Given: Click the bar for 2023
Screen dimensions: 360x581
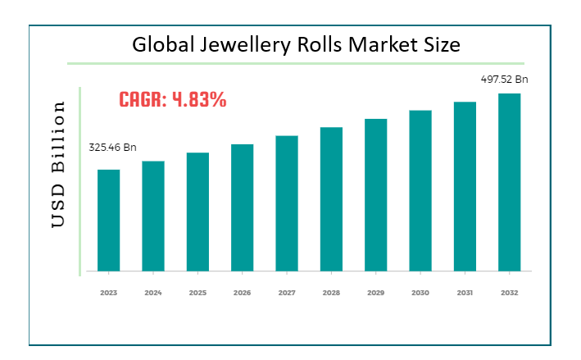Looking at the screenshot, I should click(109, 220).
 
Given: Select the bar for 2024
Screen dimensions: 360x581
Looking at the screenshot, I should click(153, 216).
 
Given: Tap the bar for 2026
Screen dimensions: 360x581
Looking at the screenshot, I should click(242, 207).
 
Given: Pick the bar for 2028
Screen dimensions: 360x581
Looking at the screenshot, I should click(331, 198).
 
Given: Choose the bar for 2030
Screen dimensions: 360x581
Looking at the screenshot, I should click(420, 190).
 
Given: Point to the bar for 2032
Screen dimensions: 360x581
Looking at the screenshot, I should click(509, 182).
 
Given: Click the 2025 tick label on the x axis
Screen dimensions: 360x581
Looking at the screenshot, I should click(197, 291).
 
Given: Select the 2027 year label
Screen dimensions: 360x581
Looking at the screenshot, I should click(286, 291).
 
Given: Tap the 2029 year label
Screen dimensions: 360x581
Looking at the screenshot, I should click(375, 291).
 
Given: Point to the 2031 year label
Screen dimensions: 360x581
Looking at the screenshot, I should click(465, 291).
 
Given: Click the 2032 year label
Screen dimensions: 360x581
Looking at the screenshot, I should click(509, 291).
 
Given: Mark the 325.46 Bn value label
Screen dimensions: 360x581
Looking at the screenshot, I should click(112, 148).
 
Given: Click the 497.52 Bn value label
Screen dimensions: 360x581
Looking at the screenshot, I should click(504, 80).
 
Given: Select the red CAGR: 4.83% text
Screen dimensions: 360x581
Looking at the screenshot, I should click(173, 100).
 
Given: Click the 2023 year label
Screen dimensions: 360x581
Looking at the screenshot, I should click(109, 291).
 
